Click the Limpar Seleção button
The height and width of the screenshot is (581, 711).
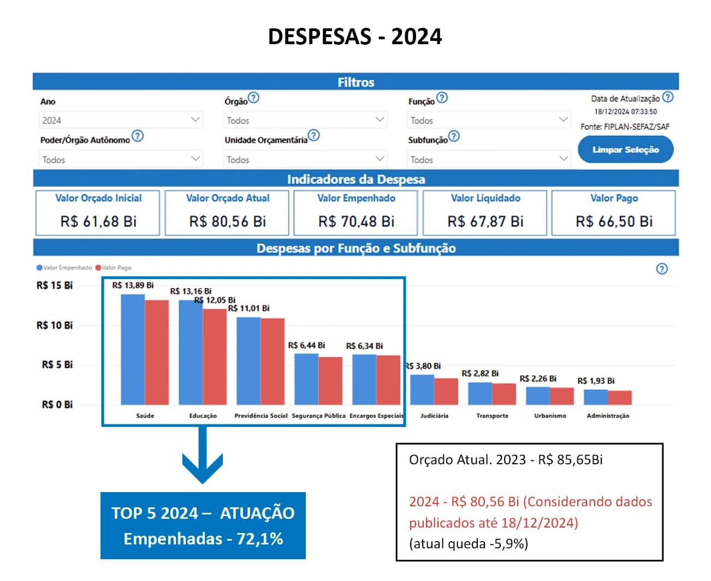tap(625, 149)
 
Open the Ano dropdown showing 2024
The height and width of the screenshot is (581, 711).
tap(121, 120)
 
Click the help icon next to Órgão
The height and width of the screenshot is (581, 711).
tap(253, 98)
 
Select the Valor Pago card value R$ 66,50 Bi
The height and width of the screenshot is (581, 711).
tap(614, 221)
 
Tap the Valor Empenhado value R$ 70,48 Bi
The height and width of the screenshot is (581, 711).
tap(356, 221)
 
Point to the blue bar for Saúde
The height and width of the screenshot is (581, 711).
tap(133, 349)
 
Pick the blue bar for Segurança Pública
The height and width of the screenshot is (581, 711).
tap(306, 379)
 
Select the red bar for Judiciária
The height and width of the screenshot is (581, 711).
tap(446, 391)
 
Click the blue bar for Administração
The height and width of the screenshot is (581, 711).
tap(596, 397)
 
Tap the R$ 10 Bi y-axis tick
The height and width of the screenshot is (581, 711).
tap(55, 325)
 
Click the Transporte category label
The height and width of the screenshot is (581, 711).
tap(492, 416)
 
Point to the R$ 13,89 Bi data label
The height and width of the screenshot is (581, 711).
tap(133, 285)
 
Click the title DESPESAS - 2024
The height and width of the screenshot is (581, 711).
tap(355, 37)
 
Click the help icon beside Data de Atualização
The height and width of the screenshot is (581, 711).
tap(667, 98)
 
